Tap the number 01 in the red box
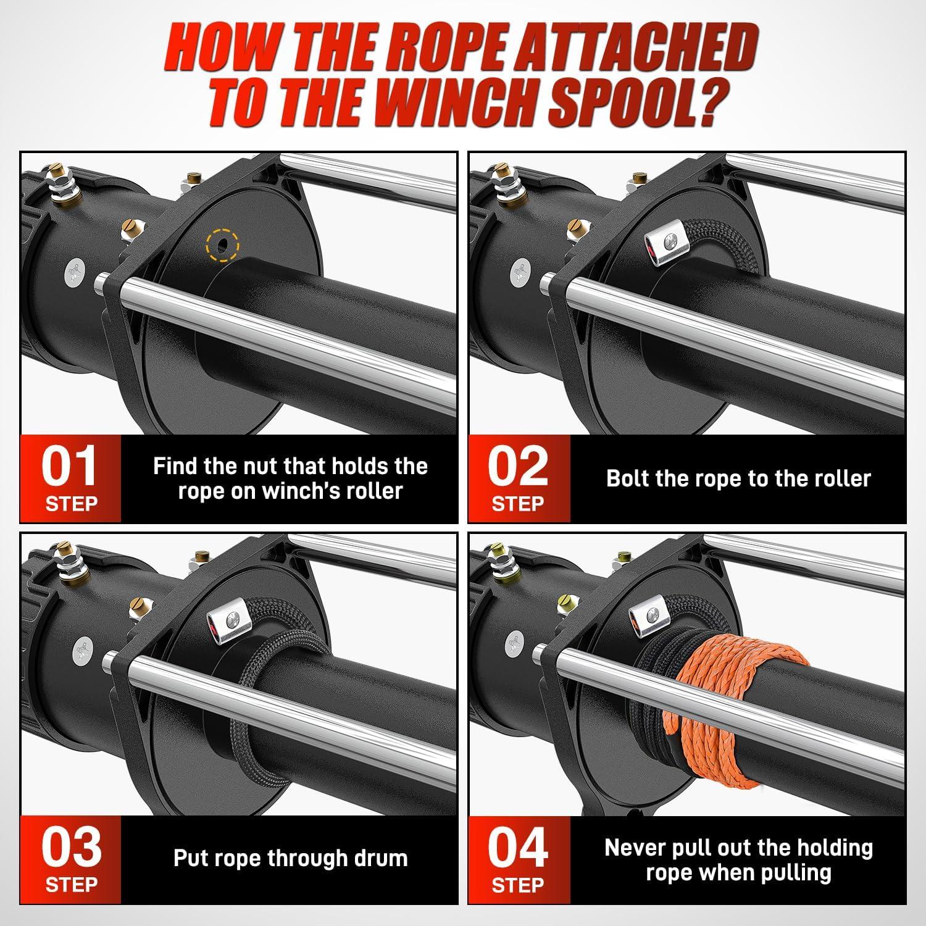pos(69,467)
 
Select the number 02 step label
pos(517,467)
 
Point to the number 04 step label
pos(518,848)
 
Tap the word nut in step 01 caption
pos(273,466)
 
